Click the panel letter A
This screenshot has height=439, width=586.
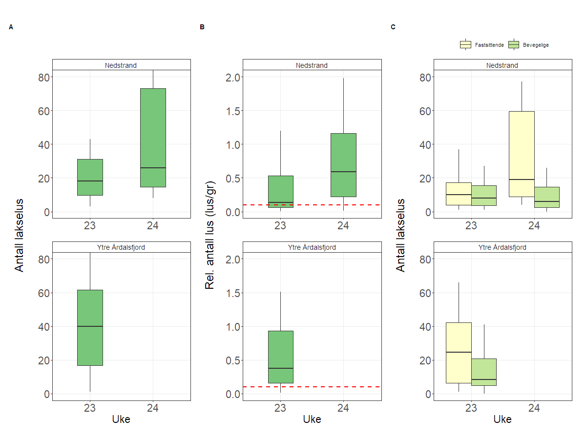11,27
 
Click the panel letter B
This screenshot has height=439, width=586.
202,27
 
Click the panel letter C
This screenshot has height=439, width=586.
393,27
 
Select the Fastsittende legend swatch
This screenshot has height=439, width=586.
465,45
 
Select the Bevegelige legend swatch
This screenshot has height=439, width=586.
514,45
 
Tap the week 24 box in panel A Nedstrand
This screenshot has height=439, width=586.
153,138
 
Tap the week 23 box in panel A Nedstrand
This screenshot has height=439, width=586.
90,177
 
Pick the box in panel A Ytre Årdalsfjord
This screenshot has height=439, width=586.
90,328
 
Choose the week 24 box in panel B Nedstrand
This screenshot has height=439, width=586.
343,165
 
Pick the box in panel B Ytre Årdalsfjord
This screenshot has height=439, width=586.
280,357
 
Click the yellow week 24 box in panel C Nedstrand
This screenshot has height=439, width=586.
522,154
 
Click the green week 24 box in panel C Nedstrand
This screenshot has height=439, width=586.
547,197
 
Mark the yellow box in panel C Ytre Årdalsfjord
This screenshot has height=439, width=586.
459,353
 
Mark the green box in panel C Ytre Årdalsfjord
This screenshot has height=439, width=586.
484,372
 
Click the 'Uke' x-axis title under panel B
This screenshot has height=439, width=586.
312,419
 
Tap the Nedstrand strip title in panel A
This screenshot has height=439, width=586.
121,65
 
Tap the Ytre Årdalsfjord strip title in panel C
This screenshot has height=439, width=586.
502,247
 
